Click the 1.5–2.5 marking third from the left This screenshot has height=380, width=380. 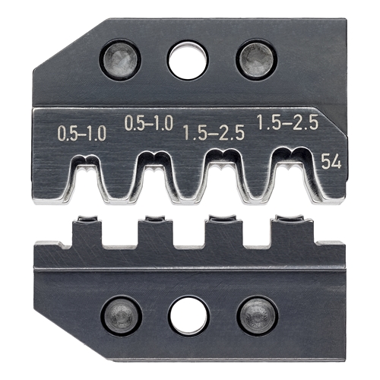click(214, 133)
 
